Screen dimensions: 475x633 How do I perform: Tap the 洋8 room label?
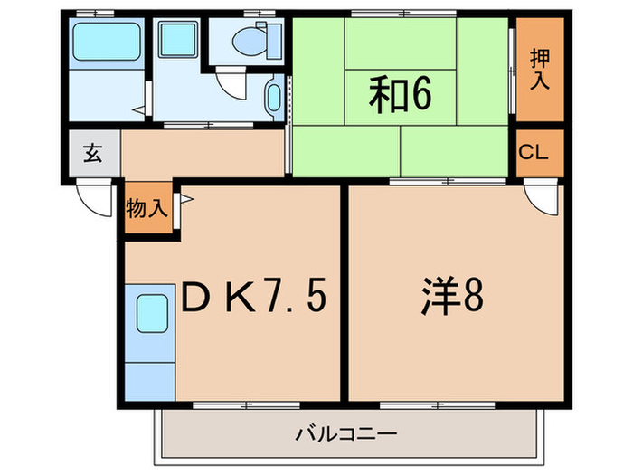pyautogui.click(x=449, y=299)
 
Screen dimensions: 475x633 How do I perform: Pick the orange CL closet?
pyautogui.click(x=534, y=153)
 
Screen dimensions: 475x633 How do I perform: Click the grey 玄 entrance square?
pyautogui.click(x=93, y=152)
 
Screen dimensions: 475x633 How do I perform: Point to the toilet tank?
pyautogui.click(x=271, y=40)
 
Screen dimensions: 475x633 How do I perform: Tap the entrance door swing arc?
pyautogui.click(x=90, y=197)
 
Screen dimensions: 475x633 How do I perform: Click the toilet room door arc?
pyautogui.click(x=233, y=86)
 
